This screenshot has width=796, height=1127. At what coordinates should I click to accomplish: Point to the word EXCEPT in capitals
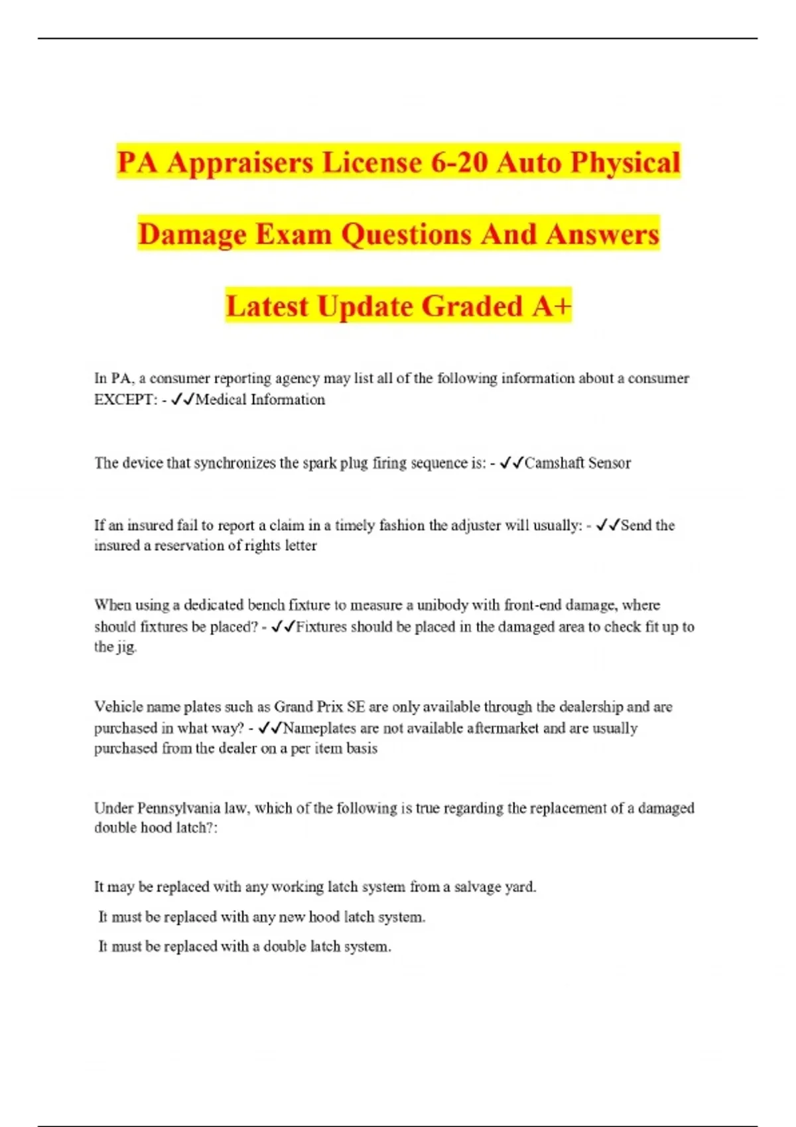coord(123,400)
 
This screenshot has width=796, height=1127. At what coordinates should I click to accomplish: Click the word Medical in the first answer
coord(221,400)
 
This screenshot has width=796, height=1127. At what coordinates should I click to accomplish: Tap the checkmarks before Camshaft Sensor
coord(511,463)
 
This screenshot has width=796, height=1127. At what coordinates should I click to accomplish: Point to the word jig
coord(125,647)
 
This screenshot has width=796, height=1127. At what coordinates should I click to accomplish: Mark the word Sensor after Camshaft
coord(609,463)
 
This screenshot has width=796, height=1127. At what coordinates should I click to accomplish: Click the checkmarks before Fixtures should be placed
coord(283,626)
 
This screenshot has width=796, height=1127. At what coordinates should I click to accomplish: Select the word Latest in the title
coord(268,307)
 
